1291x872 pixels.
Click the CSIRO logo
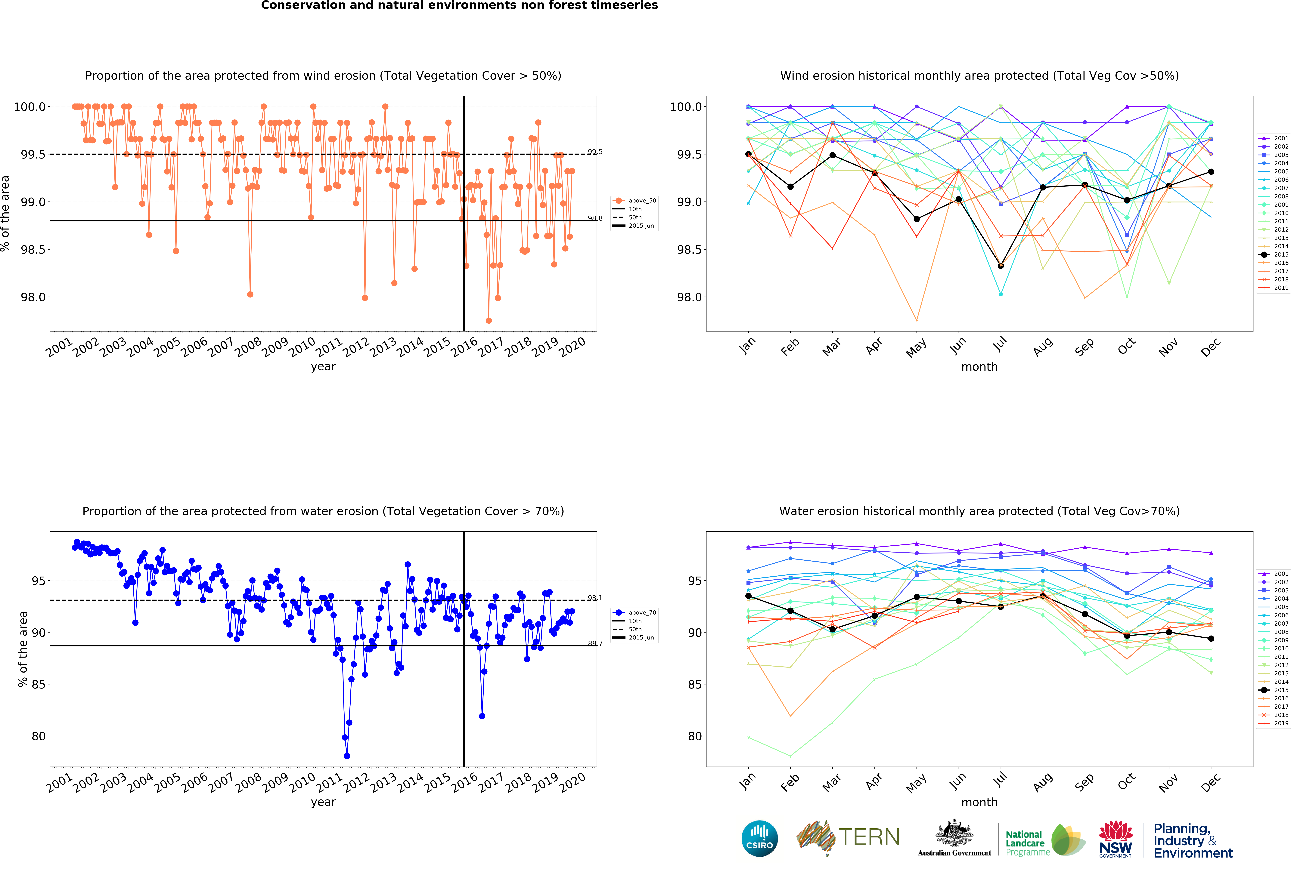point(759,838)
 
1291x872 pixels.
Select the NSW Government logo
point(1116,839)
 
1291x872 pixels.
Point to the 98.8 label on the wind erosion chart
point(595,218)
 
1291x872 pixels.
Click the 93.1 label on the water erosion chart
point(595,598)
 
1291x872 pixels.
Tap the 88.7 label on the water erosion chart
point(595,643)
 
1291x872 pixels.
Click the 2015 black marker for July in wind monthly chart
point(1001,266)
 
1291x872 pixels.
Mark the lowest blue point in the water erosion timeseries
point(347,756)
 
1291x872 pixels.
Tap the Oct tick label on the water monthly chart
point(1127,782)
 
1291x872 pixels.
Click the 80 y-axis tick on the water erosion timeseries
point(39,736)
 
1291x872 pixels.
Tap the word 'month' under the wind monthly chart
point(979,367)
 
